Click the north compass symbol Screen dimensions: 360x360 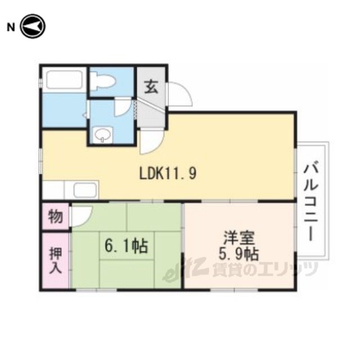(33, 26)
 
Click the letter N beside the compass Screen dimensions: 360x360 (11, 28)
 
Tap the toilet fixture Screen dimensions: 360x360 (102, 80)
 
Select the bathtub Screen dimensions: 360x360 (64, 79)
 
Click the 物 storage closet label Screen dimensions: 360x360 (56, 216)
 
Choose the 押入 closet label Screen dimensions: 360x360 (56, 260)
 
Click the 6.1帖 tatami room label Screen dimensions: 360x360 (126, 246)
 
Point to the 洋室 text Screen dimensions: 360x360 (239, 238)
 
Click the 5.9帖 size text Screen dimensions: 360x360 (238, 254)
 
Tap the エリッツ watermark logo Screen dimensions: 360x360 (241, 269)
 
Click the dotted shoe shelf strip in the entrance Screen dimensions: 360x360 (136, 109)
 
